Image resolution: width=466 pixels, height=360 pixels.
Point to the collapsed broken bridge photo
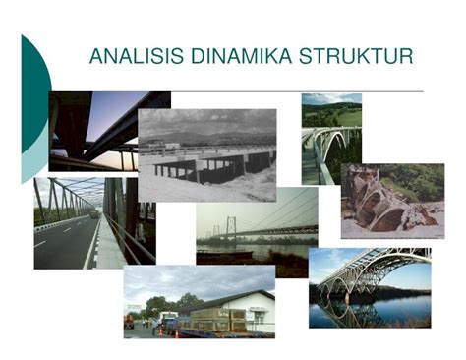tap(391, 201)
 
